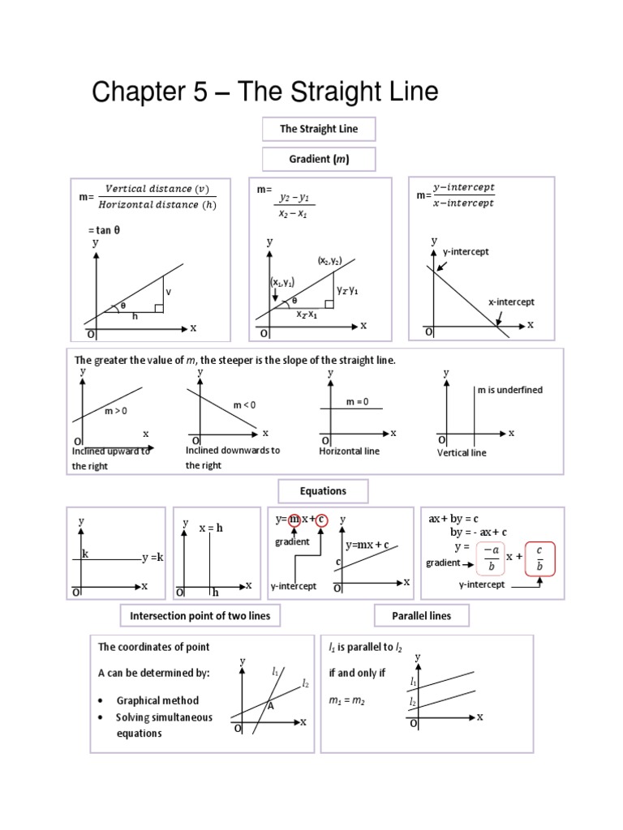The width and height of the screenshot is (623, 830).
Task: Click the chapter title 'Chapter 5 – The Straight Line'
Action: (x=264, y=92)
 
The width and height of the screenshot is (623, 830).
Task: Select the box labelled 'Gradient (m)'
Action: (x=318, y=159)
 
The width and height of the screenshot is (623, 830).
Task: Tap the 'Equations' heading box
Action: (x=323, y=491)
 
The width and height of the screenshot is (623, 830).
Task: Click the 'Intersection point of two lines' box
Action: (x=200, y=616)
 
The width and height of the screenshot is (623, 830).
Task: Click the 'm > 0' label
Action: (x=116, y=411)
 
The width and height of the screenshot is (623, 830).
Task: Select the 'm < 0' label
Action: (x=244, y=404)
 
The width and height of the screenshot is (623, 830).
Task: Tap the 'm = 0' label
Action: (x=357, y=402)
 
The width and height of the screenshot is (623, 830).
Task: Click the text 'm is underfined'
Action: (x=509, y=390)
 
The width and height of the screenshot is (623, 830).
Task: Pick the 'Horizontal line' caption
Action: (x=349, y=451)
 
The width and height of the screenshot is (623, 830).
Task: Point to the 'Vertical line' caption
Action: (x=462, y=452)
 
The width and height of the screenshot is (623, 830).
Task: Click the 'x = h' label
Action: (x=210, y=528)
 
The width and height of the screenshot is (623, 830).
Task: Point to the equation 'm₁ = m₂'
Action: (x=347, y=700)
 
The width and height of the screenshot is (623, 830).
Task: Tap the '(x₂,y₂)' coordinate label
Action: (x=329, y=261)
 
